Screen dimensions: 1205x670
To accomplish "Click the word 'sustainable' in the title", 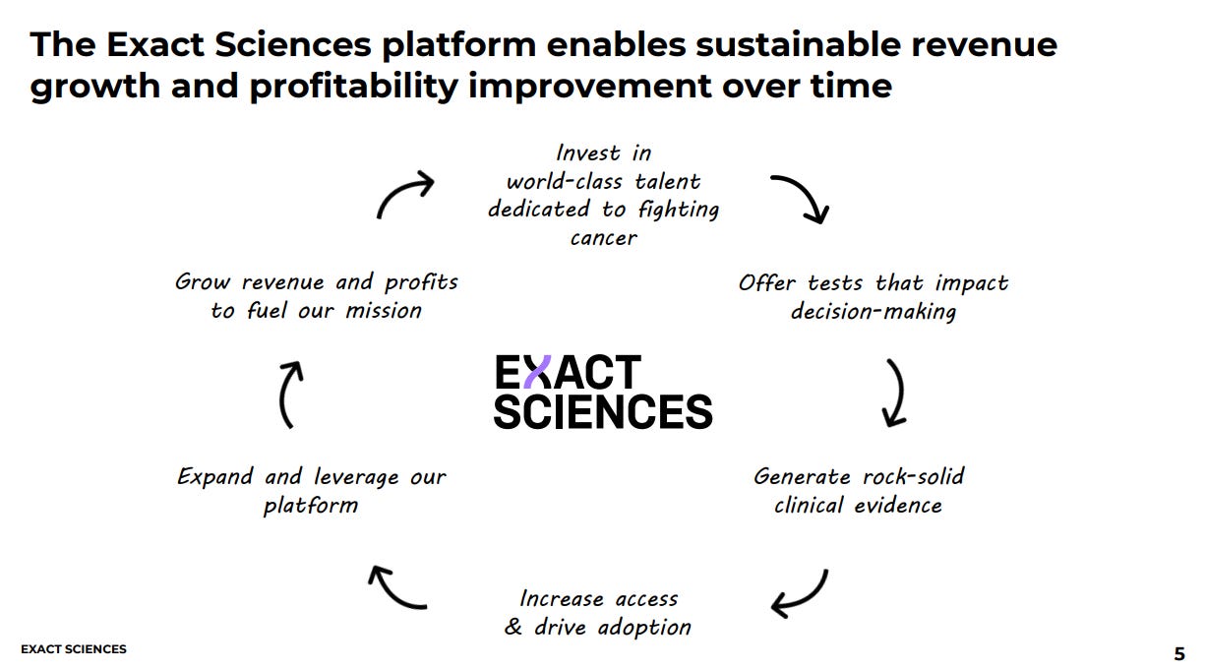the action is (x=798, y=44).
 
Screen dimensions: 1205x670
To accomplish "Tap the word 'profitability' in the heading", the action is (x=354, y=88).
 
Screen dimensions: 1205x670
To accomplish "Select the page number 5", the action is (x=1179, y=654).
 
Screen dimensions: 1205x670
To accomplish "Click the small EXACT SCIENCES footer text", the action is (x=74, y=649).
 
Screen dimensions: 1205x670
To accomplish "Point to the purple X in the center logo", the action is (x=537, y=371).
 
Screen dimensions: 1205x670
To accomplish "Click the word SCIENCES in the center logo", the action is (x=603, y=411).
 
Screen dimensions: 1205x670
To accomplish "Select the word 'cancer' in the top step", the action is (x=604, y=238).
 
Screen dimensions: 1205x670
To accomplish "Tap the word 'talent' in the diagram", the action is (x=668, y=181).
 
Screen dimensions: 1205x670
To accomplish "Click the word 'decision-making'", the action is (x=874, y=312).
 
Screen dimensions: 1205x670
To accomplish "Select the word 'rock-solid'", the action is (x=914, y=476).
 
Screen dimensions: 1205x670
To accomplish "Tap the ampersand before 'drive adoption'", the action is (x=513, y=627).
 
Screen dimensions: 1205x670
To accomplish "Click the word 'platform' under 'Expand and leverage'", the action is (x=311, y=506).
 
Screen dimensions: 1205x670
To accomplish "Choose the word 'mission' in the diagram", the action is (x=384, y=311).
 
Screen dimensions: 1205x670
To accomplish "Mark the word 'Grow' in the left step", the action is (x=203, y=281).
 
